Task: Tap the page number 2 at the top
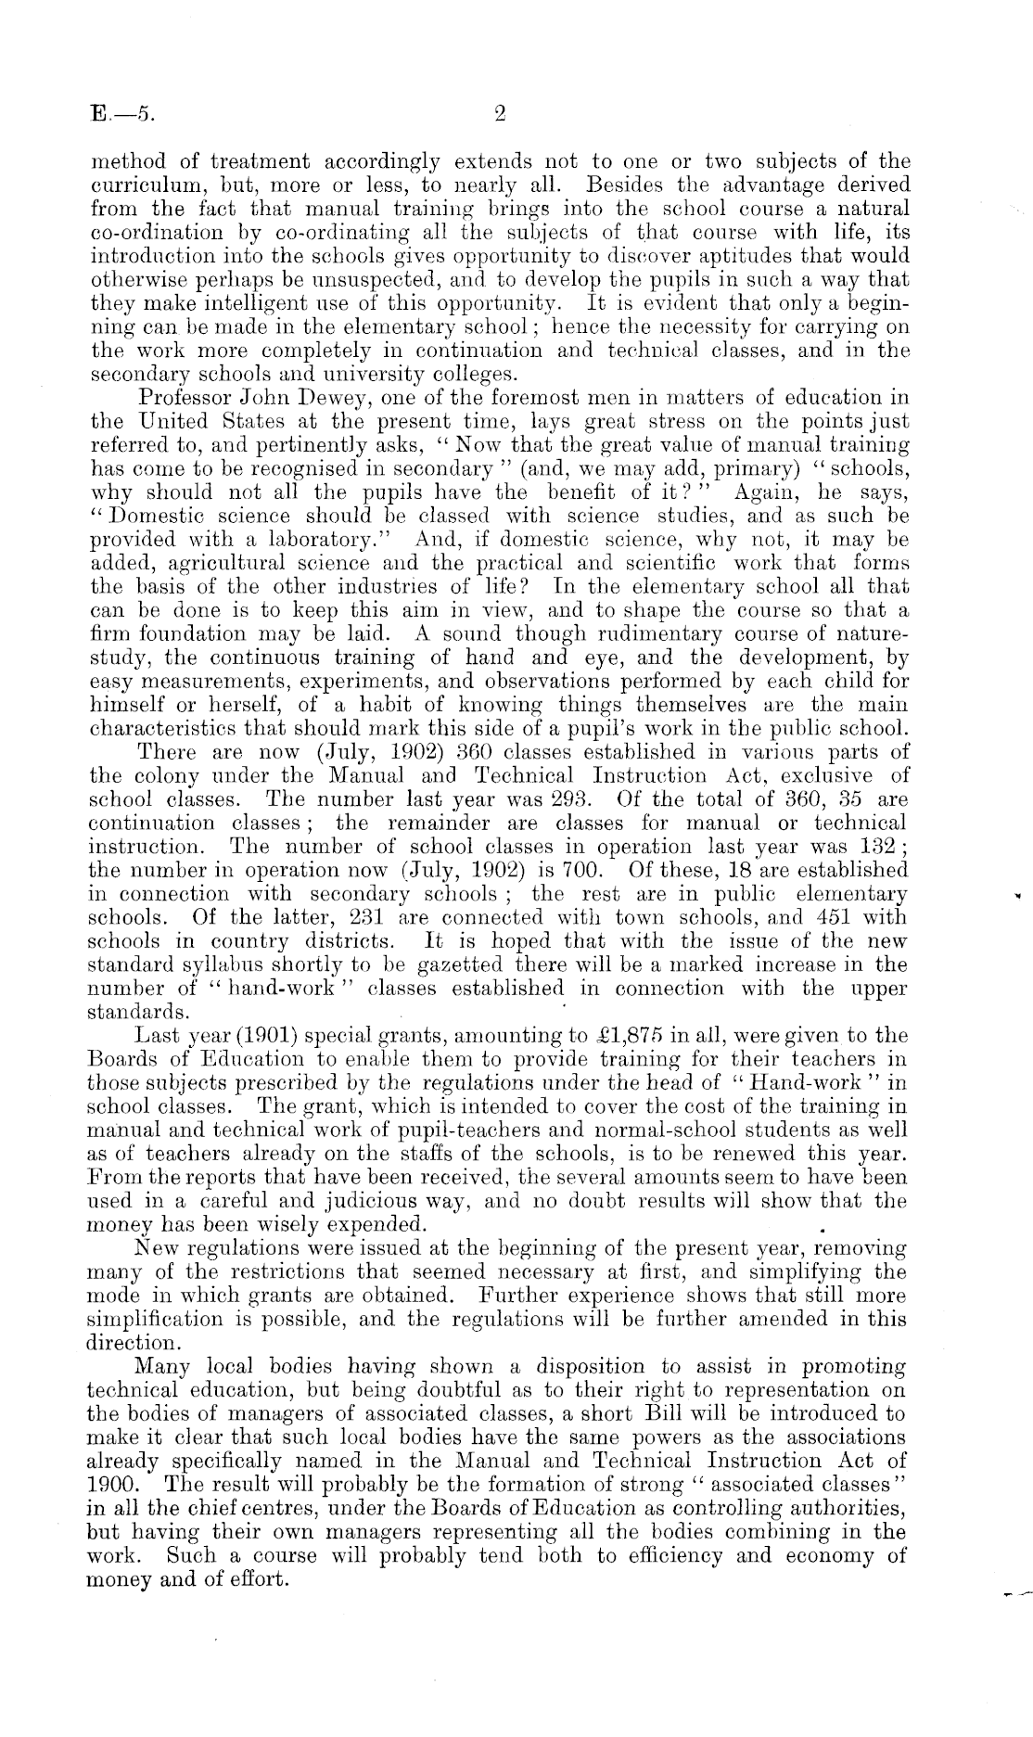(500, 114)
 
